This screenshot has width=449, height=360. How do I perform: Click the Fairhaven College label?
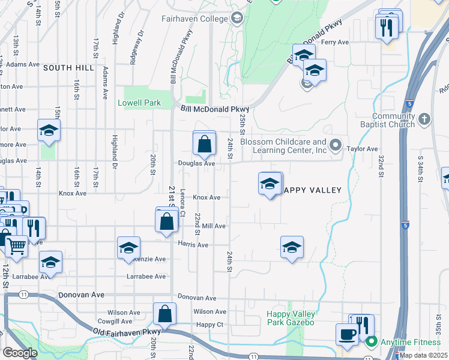point(194,19)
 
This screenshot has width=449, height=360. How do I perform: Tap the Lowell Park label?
point(139,103)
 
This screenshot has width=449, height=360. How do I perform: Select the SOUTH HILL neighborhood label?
point(68,68)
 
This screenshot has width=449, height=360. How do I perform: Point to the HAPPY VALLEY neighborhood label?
point(312,190)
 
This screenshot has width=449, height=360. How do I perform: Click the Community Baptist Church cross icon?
point(424,117)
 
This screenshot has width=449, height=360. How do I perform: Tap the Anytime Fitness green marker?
point(371,343)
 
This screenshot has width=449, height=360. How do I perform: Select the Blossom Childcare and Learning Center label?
point(283,146)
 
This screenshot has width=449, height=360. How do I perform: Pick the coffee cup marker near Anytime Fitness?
point(346,334)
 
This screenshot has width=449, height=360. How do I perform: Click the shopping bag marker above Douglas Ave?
point(204,143)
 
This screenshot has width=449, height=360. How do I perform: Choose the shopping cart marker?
point(16,244)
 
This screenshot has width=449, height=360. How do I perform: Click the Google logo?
point(20,353)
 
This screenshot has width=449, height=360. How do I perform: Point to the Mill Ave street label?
point(214,226)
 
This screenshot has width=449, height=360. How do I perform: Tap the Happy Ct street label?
point(210,325)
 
